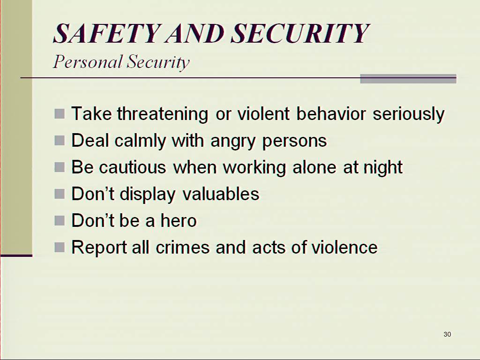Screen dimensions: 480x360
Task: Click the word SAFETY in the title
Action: tap(107, 33)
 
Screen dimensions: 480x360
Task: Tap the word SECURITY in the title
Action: tap(300, 33)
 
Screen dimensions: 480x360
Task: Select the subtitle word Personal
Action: tap(88, 61)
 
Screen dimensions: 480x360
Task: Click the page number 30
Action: tap(447, 334)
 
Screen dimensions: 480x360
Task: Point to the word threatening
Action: tap(163, 114)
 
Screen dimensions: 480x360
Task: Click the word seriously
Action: tap(409, 114)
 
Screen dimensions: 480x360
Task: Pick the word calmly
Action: tap(140, 141)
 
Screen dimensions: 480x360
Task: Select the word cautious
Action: tap(133, 168)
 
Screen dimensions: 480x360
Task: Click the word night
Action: tap(383, 167)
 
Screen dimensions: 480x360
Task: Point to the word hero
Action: tap(179, 220)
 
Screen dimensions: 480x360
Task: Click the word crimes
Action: tap(183, 247)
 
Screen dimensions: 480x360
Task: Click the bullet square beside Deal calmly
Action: tap(60, 141)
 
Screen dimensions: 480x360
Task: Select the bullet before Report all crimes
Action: tap(60, 247)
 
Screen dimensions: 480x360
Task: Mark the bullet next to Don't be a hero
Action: tap(60, 220)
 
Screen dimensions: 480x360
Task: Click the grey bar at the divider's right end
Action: tap(408, 79)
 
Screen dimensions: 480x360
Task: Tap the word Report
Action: tap(99, 247)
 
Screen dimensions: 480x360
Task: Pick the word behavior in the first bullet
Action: tap(331, 114)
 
